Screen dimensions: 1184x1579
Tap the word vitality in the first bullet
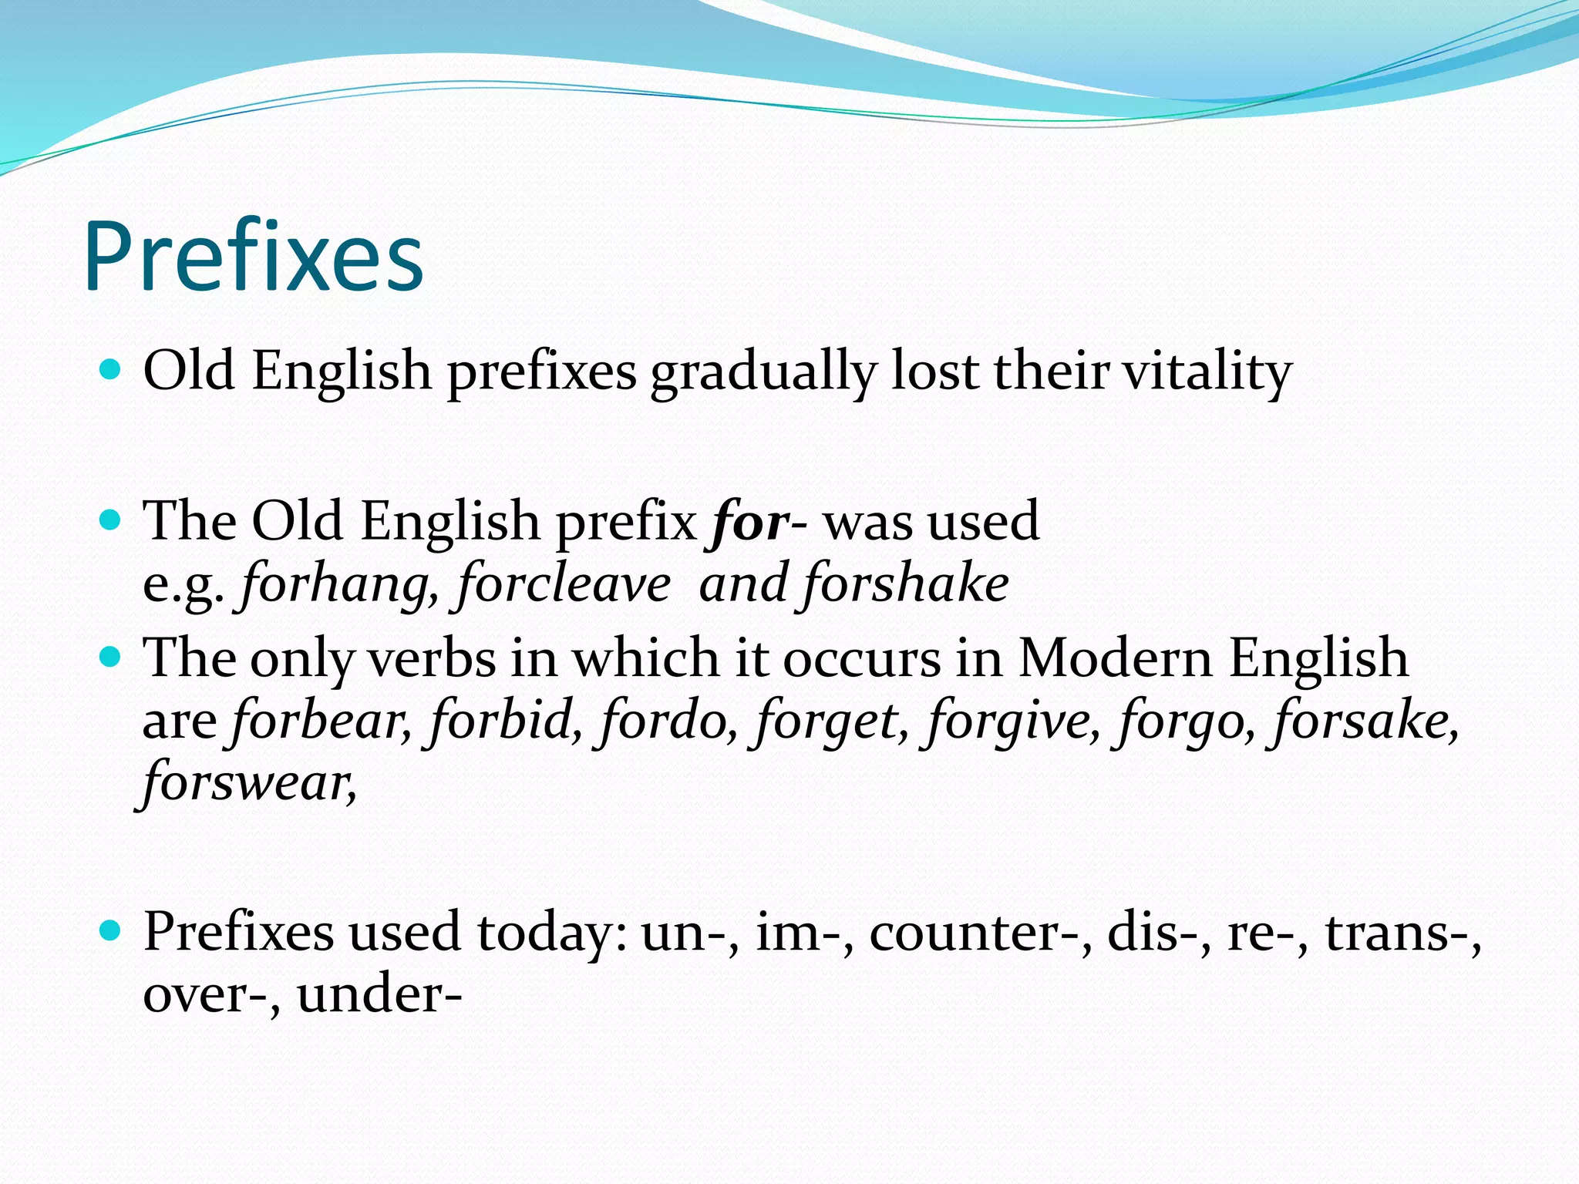(x=1207, y=372)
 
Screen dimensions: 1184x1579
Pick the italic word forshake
(x=906, y=584)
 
